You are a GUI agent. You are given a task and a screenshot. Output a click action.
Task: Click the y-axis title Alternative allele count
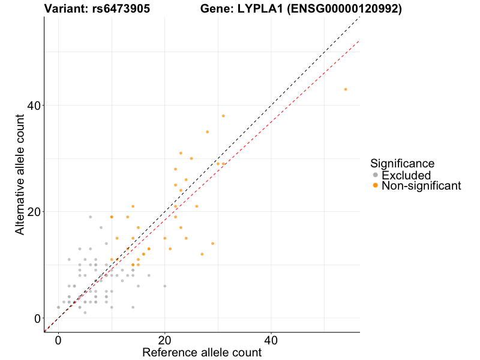20,168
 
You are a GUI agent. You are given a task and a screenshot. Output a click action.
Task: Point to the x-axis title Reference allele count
202,352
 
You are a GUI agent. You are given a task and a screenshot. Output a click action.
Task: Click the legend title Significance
402,163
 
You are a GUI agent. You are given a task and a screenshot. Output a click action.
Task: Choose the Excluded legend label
406,175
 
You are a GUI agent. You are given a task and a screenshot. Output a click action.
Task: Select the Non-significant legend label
421,186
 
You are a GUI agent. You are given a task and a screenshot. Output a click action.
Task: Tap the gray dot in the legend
376,175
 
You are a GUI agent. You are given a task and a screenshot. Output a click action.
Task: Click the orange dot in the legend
376,186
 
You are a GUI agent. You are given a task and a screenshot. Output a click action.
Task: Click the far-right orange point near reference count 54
346,89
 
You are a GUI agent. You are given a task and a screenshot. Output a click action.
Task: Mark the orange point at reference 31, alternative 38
223,116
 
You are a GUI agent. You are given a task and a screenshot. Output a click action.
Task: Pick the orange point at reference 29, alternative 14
212,244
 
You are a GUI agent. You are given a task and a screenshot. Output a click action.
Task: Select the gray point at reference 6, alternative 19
90,217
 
